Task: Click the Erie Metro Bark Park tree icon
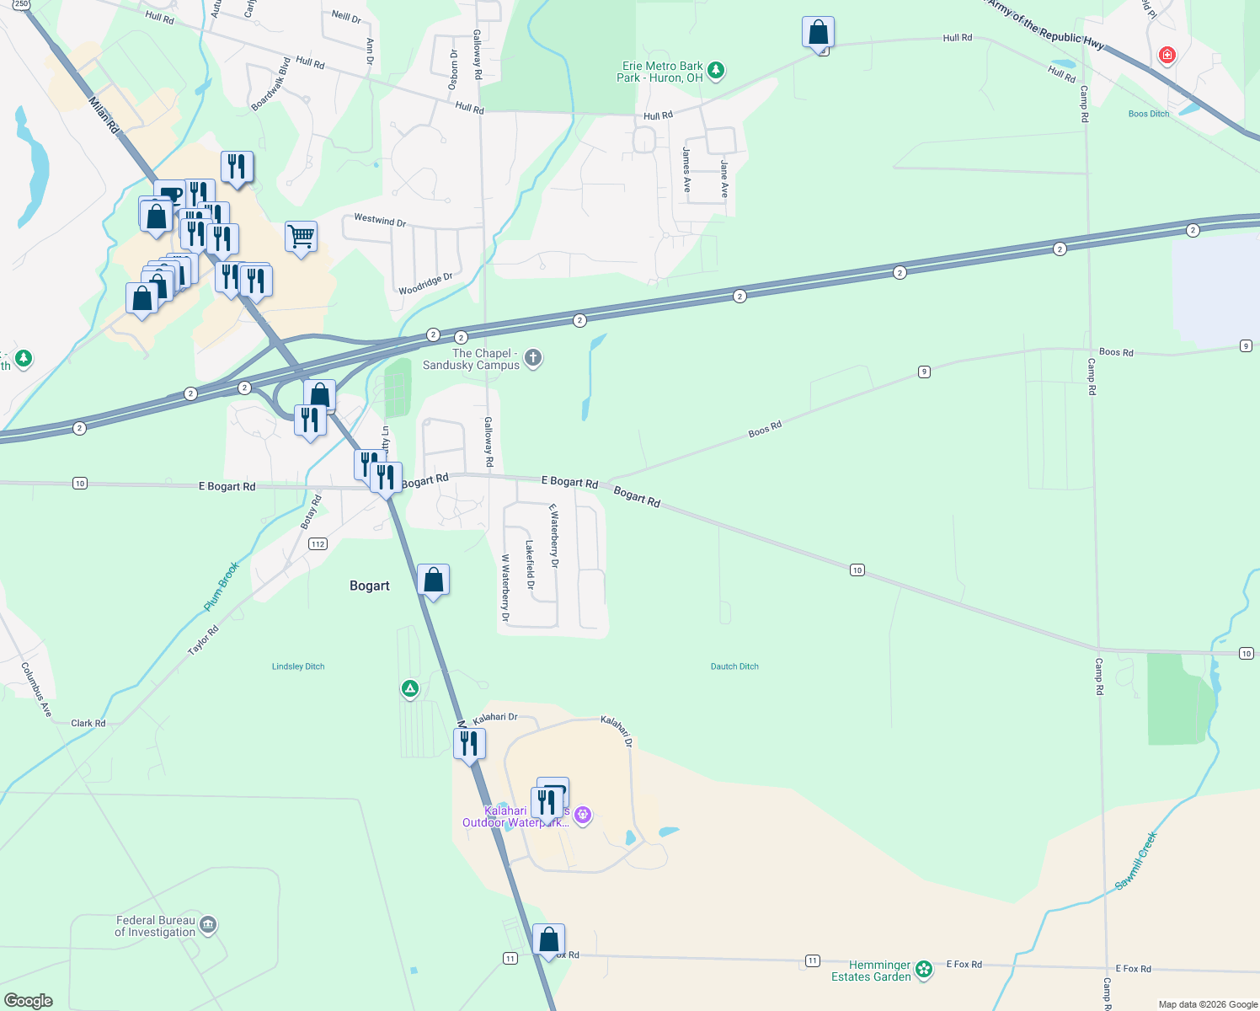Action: (x=716, y=70)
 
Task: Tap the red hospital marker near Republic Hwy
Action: (x=1167, y=56)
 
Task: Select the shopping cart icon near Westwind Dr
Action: (x=301, y=236)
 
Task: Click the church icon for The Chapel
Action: (x=532, y=358)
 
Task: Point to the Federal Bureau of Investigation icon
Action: (x=208, y=925)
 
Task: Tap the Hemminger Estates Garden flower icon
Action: (x=924, y=970)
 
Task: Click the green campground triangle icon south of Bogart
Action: (x=410, y=689)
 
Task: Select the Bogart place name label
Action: (x=370, y=586)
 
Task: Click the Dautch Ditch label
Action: (x=734, y=666)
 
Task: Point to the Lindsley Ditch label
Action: (x=298, y=666)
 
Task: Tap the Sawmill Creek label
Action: (x=1136, y=860)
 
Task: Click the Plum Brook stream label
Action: (x=222, y=586)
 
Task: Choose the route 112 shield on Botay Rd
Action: (x=318, y=544)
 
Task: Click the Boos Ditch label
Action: (x=1148, y=114)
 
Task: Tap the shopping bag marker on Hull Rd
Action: (x=818, y=33)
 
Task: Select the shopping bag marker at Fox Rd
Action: (x=548, y=939)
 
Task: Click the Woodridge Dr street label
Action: (x=425, y=284)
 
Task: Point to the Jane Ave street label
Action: (x=723, y=179)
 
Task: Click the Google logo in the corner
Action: (x=29, y=1000)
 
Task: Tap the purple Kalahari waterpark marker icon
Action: (x=583, y=815)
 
